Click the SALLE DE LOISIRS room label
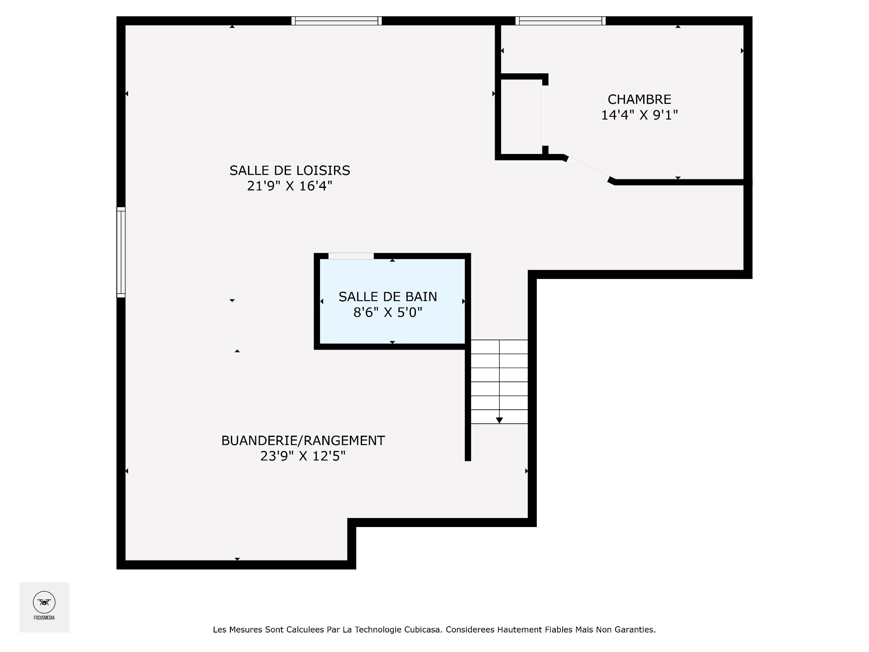[x=290, y=171]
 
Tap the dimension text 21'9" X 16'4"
[x=290, y=186]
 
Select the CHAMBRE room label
[x=639, y=100]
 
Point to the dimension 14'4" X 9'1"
[x=639, y=115]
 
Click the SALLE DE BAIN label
[x=388, y=297]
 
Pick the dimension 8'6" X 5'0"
[x=388, y=312]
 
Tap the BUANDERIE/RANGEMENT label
[x=303, y=441]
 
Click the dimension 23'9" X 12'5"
[x=303, y=456]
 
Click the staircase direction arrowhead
[x=499, y=421]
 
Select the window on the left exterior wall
[x=121, y=252]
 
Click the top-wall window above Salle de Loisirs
[x=336, y=21]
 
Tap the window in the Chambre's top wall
[x=560, y=21]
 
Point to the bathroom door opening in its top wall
[x=351, y=256]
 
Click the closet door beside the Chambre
[x=545, y=115]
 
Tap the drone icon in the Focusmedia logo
[x=44, y=602]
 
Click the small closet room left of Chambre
[x=521, y=117]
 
